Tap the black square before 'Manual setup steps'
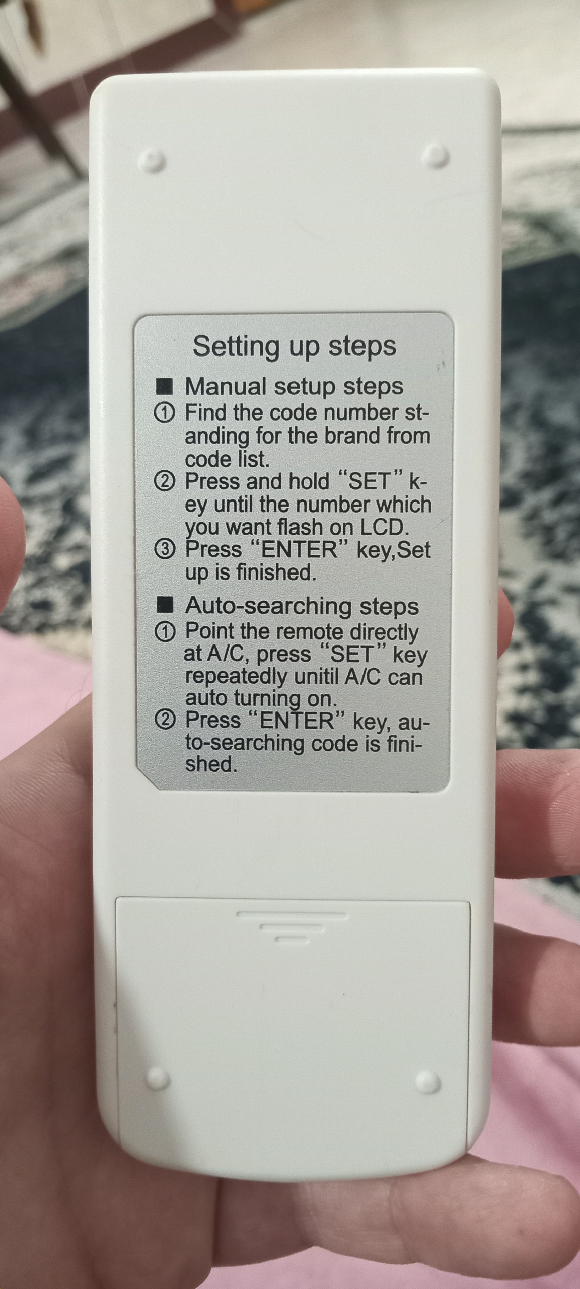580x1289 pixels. (165, 387)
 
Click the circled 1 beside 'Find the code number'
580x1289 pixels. (165, 414)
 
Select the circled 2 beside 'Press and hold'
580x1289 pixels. (165, 482)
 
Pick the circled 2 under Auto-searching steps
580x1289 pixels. (165, 721)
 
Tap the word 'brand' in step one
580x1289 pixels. (352, 436)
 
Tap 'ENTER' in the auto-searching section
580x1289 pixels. (296, 721)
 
